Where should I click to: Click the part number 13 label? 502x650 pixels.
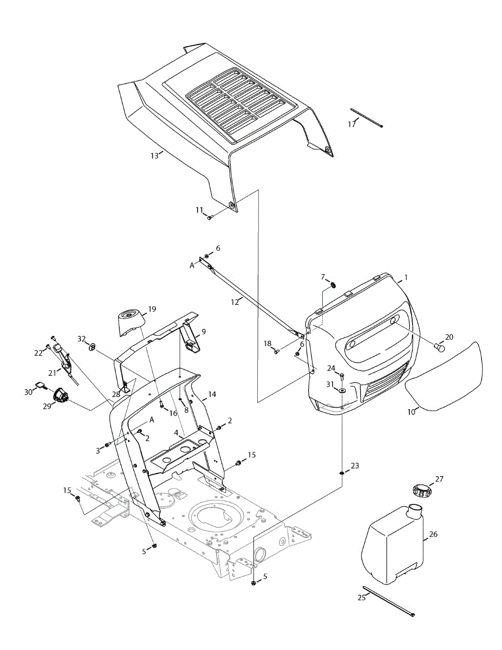tap(154, 155)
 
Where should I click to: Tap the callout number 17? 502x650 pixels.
tap(352, 124)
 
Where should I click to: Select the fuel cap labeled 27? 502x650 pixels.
tap(420, 491)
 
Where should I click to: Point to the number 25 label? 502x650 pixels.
tap(362, 597)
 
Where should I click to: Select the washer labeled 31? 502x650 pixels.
tap(343, 391)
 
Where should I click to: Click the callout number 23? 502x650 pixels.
tap(355, 466)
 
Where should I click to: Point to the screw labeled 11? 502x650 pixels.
tap(209, 218)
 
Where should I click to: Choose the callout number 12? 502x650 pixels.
tap(235, 302)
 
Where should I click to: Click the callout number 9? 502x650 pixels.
tap(204, 331)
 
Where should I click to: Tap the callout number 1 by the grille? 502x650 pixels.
tap(406, 277)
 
